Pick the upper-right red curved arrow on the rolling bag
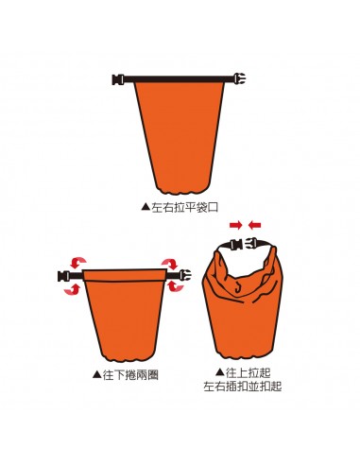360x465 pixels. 171,264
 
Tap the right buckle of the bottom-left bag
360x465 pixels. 170,276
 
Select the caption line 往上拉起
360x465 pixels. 249,372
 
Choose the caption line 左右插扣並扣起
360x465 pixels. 244,387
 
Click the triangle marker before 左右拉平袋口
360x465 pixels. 145,204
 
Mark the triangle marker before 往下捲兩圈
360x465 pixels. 97,375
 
